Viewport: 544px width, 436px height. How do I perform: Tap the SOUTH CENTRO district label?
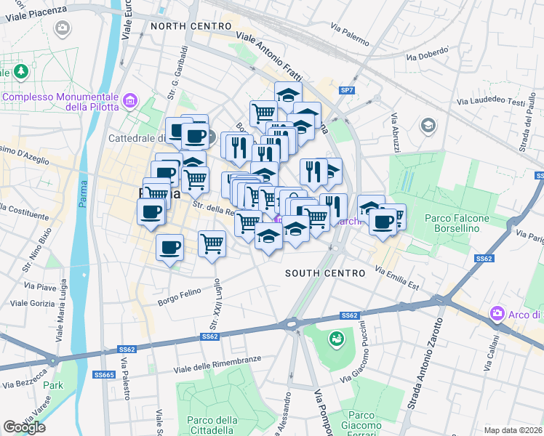[x=324, y=273]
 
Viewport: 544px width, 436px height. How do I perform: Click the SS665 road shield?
[x=104, y=374]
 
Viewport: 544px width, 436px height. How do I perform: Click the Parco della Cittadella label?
[x=212, y=425]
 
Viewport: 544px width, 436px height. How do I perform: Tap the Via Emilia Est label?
[x=398, y=278]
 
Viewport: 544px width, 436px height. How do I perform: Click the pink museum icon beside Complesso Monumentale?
[x=131, y=100]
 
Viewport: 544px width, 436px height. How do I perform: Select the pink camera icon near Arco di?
[x=497, y=314]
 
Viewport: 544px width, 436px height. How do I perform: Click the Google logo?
[x=24, y=427]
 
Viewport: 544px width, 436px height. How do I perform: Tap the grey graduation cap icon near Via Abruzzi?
[x=428, y=126]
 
